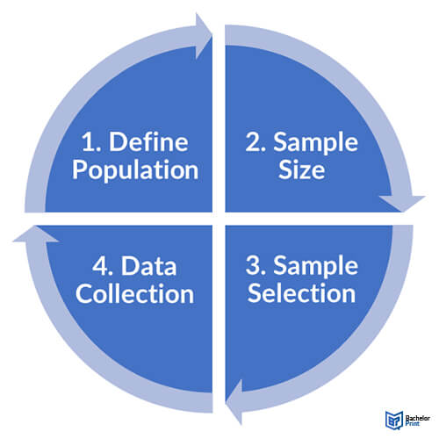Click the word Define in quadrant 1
tap(148, 142)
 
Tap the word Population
tap(135, 170)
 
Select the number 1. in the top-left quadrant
tap(91, 142)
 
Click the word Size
tap(302, 169)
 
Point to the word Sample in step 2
tap(316, 143)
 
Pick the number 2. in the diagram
tap(255, 142)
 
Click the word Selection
tap(302, 293)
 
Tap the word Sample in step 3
tap(316, 266)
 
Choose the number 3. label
tap(255, 266)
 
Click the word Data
tap(149, 266)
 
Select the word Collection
tap(135, 293)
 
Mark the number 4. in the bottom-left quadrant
tap(103, 266)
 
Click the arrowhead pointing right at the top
tap(204, 36)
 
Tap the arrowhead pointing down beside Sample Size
tap(402, 204)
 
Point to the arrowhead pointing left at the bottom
tap(234, 402)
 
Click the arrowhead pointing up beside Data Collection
tap(36, 234)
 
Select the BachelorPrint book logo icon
tap(394, 421)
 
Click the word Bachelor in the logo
tap(418, 418)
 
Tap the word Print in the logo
tap(413, 424)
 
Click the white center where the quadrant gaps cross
tap(219, 219)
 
